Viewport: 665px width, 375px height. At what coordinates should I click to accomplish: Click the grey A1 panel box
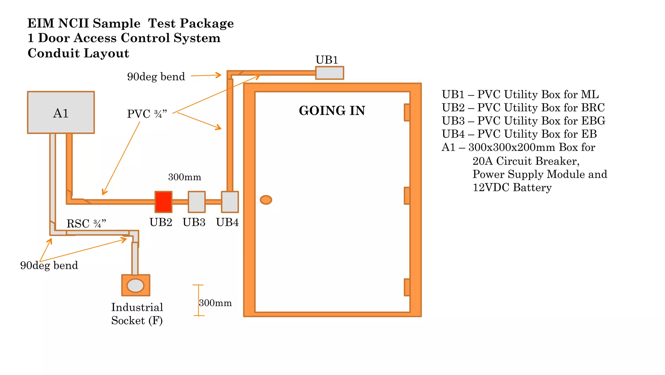tap(61, 112)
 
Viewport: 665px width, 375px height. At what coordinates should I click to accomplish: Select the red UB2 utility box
tap(163, 202)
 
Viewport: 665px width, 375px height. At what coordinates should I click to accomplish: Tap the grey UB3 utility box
tap(197, 202)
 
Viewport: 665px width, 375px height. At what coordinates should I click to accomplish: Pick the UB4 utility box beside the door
tap(230, 202)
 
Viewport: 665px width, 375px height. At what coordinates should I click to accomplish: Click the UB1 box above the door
tap(330, 73)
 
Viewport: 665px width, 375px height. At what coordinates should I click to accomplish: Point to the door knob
tap(266, 200)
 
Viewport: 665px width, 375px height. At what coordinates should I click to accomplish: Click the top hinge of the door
tap(407, 112)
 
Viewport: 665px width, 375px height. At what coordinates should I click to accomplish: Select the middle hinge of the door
tap(407, 196)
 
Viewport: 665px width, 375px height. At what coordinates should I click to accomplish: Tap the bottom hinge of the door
tap(407, 287)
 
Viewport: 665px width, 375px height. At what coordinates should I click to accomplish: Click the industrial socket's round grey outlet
tap(135, 286)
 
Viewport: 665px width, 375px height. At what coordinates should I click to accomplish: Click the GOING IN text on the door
tap(332, 111)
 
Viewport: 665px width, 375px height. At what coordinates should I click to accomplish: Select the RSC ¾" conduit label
tap(86, 224)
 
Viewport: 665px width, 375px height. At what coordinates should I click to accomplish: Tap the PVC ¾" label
tap(147, 114)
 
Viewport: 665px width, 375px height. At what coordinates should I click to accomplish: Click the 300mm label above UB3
tap(184, 177)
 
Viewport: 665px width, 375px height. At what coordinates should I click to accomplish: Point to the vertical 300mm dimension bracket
tap(198, 300)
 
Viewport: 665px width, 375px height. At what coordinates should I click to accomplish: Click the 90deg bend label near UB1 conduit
tap(156, 77)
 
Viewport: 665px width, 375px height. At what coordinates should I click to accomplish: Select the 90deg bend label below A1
tap(49, 265)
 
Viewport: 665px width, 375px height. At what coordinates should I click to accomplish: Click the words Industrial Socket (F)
tap(137, 314)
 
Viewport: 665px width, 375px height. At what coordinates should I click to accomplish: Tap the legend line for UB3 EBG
tap(523, 121)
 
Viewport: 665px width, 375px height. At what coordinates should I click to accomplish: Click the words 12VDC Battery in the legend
tap(512, 187)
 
